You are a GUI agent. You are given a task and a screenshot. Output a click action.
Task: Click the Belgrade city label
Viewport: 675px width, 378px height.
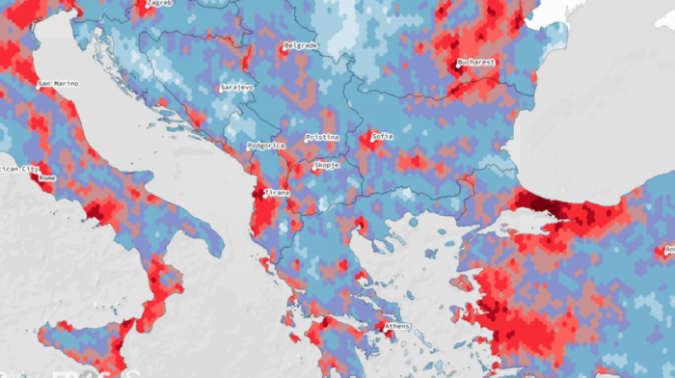point(302,45)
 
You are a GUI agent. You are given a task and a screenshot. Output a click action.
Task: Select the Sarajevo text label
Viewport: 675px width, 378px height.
point(238,87)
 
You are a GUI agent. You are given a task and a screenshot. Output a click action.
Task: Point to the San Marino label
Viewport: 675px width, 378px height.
point(59,84)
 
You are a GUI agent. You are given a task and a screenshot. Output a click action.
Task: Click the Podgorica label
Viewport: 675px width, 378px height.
point(266,145)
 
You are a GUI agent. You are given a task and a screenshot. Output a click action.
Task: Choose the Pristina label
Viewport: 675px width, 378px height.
point(323,137)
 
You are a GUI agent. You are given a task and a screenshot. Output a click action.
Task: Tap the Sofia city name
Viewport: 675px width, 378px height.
point(383,136)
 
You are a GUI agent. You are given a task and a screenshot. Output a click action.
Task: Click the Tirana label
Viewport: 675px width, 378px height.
point(277,192)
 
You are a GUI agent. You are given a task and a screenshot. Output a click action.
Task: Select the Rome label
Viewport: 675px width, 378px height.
point(47,178)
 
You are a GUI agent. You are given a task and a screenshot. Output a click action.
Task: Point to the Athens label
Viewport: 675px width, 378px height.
point(397,327)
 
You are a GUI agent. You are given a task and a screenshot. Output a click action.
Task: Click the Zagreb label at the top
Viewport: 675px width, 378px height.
point(159,3)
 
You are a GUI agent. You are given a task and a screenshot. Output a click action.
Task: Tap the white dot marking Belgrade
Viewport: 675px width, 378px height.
point(283,46)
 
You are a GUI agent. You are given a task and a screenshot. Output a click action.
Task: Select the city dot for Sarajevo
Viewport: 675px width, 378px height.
point(219,88)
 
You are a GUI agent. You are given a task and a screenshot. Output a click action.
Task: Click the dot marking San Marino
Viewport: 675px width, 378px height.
point(36,85)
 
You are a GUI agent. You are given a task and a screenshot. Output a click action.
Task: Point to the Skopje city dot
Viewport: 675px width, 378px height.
point(313,166)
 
